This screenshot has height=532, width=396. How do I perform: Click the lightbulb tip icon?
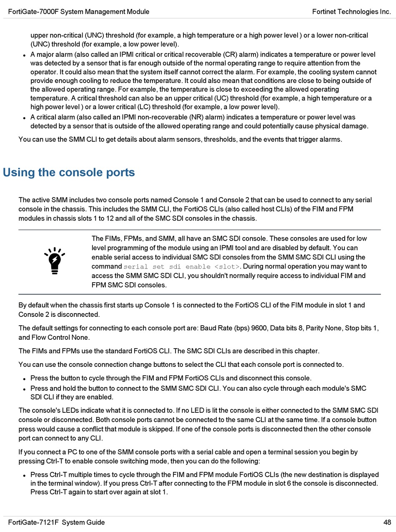pyautogui.click(x=54, y=261)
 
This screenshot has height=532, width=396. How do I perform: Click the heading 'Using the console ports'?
pyautogui.click(x=69, y=173)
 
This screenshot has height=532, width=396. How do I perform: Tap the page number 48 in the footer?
pyautogui.click(x=387, y=522)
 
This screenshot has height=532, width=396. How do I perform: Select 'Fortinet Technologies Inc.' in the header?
pyautogui.click(x=351, y=12)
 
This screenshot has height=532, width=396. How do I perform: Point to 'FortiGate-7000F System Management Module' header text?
pyautogui.click(x=79, y=12)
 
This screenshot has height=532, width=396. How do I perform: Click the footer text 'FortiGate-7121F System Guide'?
pyautogui.click(x=57, y=522)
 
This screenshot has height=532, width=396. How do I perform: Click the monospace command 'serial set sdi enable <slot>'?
pyautogui.click(x=182, y=267)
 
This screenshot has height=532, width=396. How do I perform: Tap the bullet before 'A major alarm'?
pyautogui.click(x=25, y=55)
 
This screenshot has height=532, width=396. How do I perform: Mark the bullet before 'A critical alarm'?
pyautogui.click(x=25, y=118)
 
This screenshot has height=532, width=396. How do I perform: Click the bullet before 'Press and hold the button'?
pyautogui.click(x=25, y=389)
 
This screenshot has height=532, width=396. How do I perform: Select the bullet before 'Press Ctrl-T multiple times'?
pyautogui.click(x=25, y=475)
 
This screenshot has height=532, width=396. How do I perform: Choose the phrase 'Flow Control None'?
pyautogui.click(x=63, y=337)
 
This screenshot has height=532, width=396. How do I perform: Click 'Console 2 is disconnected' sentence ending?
pyautogui.click(x=59, y=314)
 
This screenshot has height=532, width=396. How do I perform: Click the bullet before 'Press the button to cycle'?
pyautogui.click(x=25, y=379)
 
